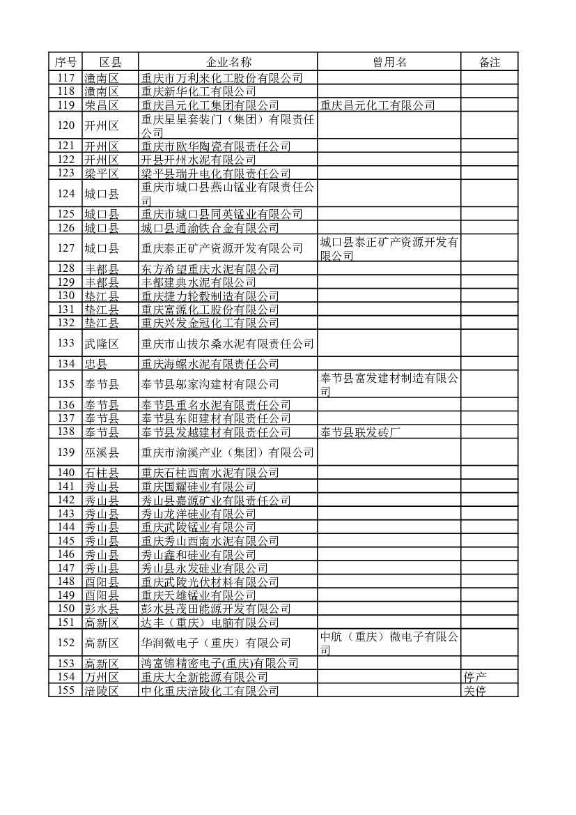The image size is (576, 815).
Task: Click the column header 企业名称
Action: tap(227, 62)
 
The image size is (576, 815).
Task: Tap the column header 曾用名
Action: tap(389, 62)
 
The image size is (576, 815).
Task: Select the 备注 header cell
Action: tap(489, 62)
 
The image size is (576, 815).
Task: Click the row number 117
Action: tap(65, 78)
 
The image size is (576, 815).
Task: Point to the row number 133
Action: tap(65, 343)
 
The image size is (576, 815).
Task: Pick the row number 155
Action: tap(65, 691)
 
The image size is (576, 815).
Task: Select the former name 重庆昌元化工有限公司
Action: tap(377, 105)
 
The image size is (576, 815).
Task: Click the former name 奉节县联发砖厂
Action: tap(361, 432)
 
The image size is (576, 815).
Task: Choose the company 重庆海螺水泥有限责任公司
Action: tap(210, 364)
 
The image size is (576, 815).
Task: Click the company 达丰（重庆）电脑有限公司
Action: tap(210, 623)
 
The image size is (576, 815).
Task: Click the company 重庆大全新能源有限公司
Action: tap(204, 677)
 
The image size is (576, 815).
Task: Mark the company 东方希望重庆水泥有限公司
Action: tap(210, 269)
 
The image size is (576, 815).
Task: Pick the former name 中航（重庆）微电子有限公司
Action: tap(389, 643)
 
